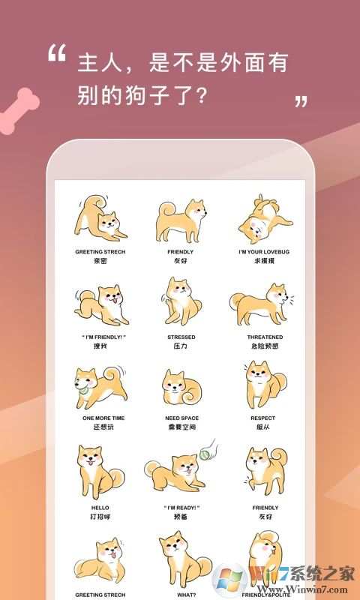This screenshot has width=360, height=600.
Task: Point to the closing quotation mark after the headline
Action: click(301, 100)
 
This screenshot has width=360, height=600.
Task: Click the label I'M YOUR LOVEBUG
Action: click(265, 252)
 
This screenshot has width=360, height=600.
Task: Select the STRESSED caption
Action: click(180, 337)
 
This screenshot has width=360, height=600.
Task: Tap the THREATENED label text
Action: click(265, 337)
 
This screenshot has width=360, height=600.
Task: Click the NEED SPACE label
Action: click(180, 418)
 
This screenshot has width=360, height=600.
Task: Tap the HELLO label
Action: click(100, 508)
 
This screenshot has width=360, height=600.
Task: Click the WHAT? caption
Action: click(180, 595)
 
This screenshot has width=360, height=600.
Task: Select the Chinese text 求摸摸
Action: click(264, 261)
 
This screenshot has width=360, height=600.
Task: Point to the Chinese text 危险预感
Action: click(265, 346)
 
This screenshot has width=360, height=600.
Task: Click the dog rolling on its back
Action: click(260, 217)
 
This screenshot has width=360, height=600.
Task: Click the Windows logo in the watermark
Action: click(227, 579)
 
